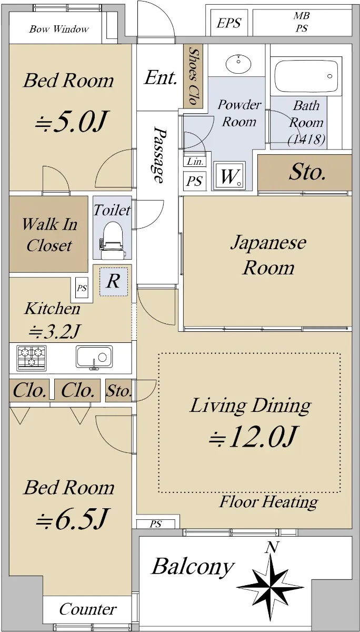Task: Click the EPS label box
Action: (229, 23)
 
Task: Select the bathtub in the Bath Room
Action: (306, 76)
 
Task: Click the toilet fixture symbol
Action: (113, 240)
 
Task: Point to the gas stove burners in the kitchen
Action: (32, 358)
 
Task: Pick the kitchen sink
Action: (94, 357)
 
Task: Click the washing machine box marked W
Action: (229, 176)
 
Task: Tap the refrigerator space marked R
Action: (113, 281)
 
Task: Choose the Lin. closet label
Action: (195, 162)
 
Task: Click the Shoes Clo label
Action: (193, 76)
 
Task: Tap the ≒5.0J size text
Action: (72, 122)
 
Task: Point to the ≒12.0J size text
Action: (253, 437)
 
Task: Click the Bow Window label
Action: (58, 29)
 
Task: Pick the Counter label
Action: (88, 609)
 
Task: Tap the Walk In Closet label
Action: (49, 235)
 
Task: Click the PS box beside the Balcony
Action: (156, 524)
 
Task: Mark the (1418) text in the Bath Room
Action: (306, 140)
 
